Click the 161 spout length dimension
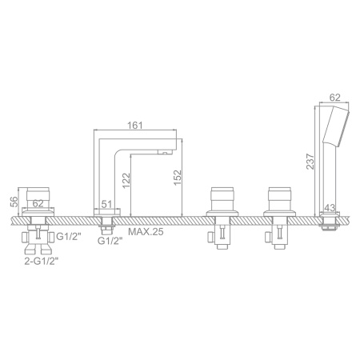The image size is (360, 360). coord(135,125)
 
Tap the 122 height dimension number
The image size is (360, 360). coord(126,181)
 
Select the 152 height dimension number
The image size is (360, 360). coord(178,178)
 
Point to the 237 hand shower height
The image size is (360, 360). coord(310,162)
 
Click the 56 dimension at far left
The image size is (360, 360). coord(14,202)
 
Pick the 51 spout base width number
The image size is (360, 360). coord(106,204)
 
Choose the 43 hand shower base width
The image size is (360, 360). coord(330,208)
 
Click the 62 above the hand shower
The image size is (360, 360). coord(335,98)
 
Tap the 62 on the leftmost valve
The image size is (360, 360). coord(38,203)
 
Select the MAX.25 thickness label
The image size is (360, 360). coord(146,231)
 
